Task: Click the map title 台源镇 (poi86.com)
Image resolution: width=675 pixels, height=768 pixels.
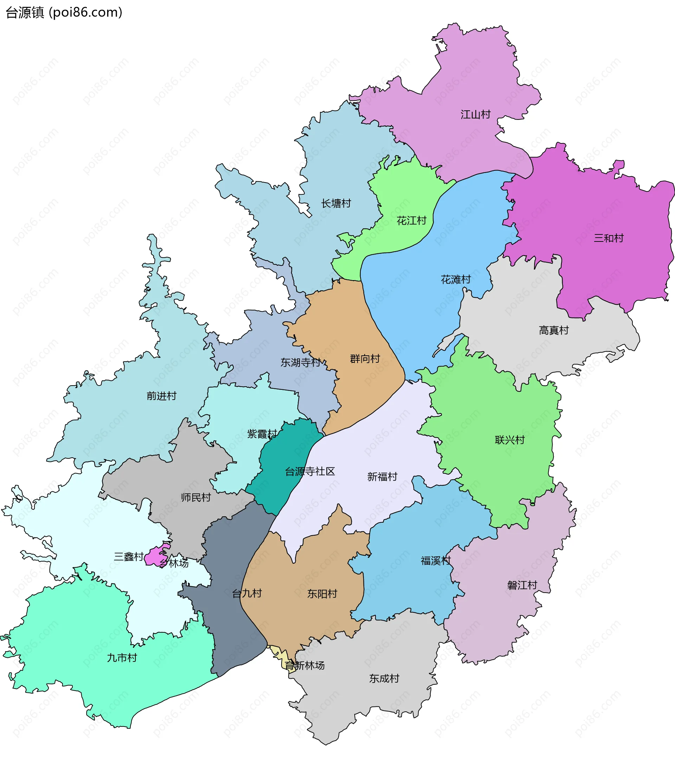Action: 64,12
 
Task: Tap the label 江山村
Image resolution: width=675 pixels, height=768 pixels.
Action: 475,114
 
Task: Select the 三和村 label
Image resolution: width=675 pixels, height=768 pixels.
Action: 609,238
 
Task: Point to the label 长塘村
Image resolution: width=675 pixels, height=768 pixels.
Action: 336,203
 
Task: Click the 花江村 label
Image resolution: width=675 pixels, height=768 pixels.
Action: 412,220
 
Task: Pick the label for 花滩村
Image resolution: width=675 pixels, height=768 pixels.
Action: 456,279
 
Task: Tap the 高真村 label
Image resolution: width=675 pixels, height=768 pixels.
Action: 554,330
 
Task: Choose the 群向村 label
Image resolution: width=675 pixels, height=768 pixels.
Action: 365,359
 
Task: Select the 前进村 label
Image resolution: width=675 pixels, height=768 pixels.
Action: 161,396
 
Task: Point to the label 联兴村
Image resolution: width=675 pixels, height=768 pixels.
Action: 510,440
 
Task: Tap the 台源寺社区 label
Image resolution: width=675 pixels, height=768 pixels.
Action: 310,471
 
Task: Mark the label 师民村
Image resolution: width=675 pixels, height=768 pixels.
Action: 196,497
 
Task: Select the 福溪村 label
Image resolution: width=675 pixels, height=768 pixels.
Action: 436,561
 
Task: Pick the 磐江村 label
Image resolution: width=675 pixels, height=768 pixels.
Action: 522,585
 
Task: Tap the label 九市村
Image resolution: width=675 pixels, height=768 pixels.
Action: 122,658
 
